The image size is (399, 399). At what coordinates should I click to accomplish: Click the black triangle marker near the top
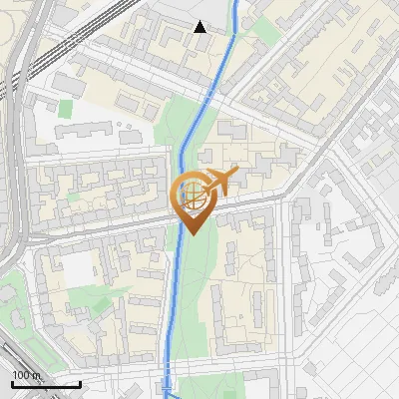point(200,26)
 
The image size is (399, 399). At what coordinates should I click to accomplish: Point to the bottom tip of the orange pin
point(191,234)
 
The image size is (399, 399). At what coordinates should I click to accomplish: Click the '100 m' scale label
point(26,374)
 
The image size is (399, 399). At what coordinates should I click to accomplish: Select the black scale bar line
point(46,383)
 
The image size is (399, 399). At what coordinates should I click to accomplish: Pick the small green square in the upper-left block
point(66,108)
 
